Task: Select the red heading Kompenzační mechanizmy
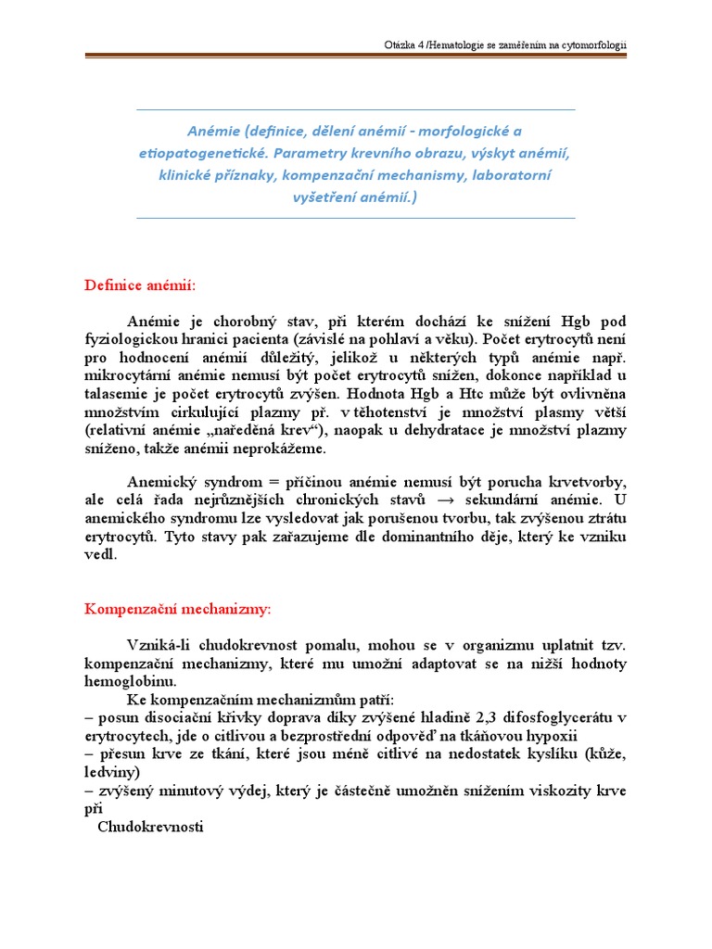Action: coord(178,609)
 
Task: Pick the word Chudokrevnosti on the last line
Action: coord(150,827)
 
